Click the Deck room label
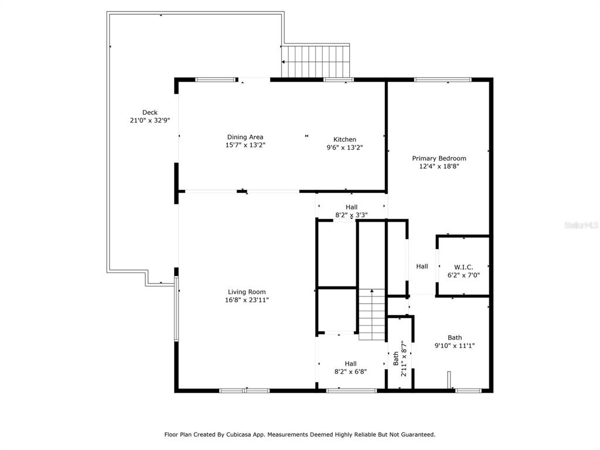(149, 112)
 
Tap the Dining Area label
(245, 137)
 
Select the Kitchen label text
(345, 139)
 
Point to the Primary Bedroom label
(439, 158)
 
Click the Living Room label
(247, 292)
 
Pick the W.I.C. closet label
(463, 267)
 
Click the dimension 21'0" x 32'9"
(149, 121)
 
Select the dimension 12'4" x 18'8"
(439, 166)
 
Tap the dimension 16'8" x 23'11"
(247, 300)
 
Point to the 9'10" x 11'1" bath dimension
(455, 346)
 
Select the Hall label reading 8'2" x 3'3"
(352, 211)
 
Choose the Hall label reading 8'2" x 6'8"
(350, 367)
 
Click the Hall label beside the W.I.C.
(422, 267)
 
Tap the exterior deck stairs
(316, 62)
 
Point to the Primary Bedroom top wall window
(443, 80)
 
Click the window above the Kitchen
(339, 80)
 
